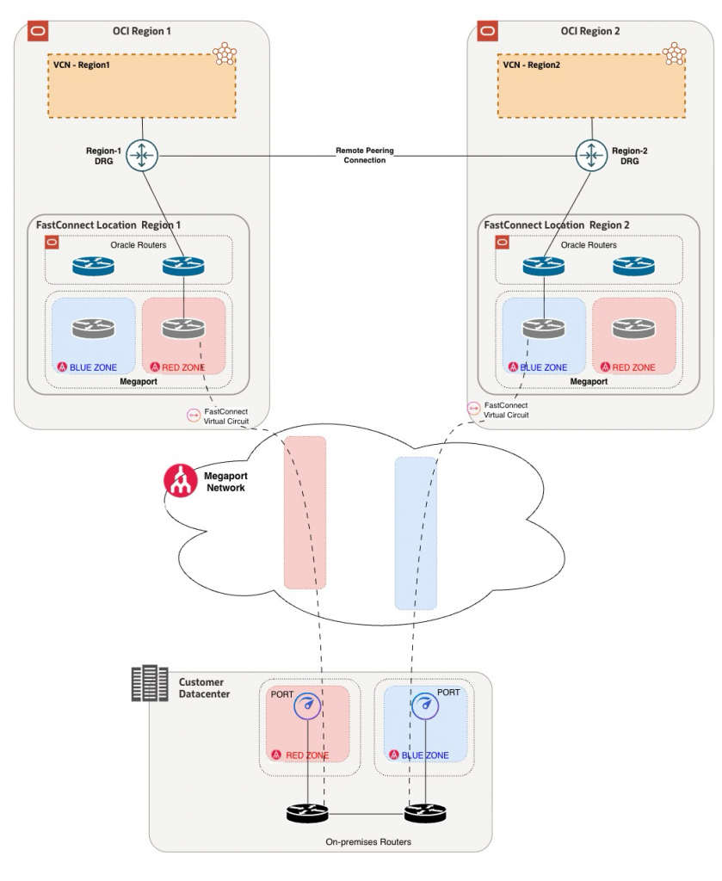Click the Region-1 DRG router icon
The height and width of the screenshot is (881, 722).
pyautogui.click(x=142, y=155)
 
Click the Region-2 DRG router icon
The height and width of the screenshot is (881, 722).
pyautogui.click(x=591, y=155)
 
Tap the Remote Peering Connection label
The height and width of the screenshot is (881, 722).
pyautogui.click(x=365, y=155)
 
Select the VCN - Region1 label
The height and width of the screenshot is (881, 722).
pyautogui.click(x=82, y=65)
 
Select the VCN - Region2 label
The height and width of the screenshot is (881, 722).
pyautogui.click(x=532, y=65)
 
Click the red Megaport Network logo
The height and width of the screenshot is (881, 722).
pyautogui.click(x=181, y=481)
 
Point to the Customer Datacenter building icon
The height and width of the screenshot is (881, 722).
pyautogui.click(x=150, y=683)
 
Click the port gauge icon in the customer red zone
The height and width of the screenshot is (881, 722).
pyautogui.click(x=307, y=706)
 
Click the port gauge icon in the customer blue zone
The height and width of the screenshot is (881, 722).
pyautogui.click(x=425, y=705)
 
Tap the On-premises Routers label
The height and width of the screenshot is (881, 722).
pyautogui.click(x=368, y=841)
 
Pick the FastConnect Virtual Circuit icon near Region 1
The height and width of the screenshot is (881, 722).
pyautogui.click(x=194, y=416)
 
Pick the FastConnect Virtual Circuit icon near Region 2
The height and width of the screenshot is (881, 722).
pyautogui.click(x=473, y=409)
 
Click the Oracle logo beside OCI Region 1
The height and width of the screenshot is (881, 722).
pyautogui.click(x=38, y=32)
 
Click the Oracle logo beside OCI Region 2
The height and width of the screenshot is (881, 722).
pyautogui.click(x=487, y=32)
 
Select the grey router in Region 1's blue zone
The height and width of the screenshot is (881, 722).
pyautogui.click(x=93, y=328)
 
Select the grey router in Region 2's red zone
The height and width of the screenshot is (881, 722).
pyautogui.click(x=633, y=328)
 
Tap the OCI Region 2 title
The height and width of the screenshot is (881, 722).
pyautogui.click(x=590, y=32)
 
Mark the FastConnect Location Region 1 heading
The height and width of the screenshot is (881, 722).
pyautogui.click(x=108, y=225)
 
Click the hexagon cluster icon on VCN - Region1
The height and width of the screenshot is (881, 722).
pyautogui.click(x=225, y=54)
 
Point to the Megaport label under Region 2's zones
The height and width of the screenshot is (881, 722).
pyautogui.click(x=589, y=381)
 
